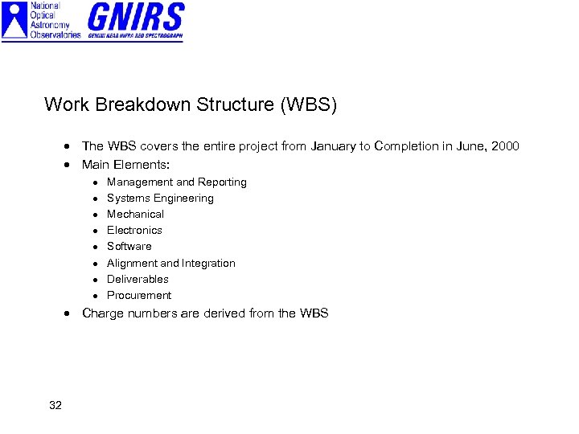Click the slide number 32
55,405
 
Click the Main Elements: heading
125,165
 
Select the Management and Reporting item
176,182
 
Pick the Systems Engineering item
160,199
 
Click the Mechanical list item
135,215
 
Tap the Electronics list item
134,231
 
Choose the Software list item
129,247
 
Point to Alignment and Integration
170,264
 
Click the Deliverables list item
138,280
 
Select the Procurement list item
138,296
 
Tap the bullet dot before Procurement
95,296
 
